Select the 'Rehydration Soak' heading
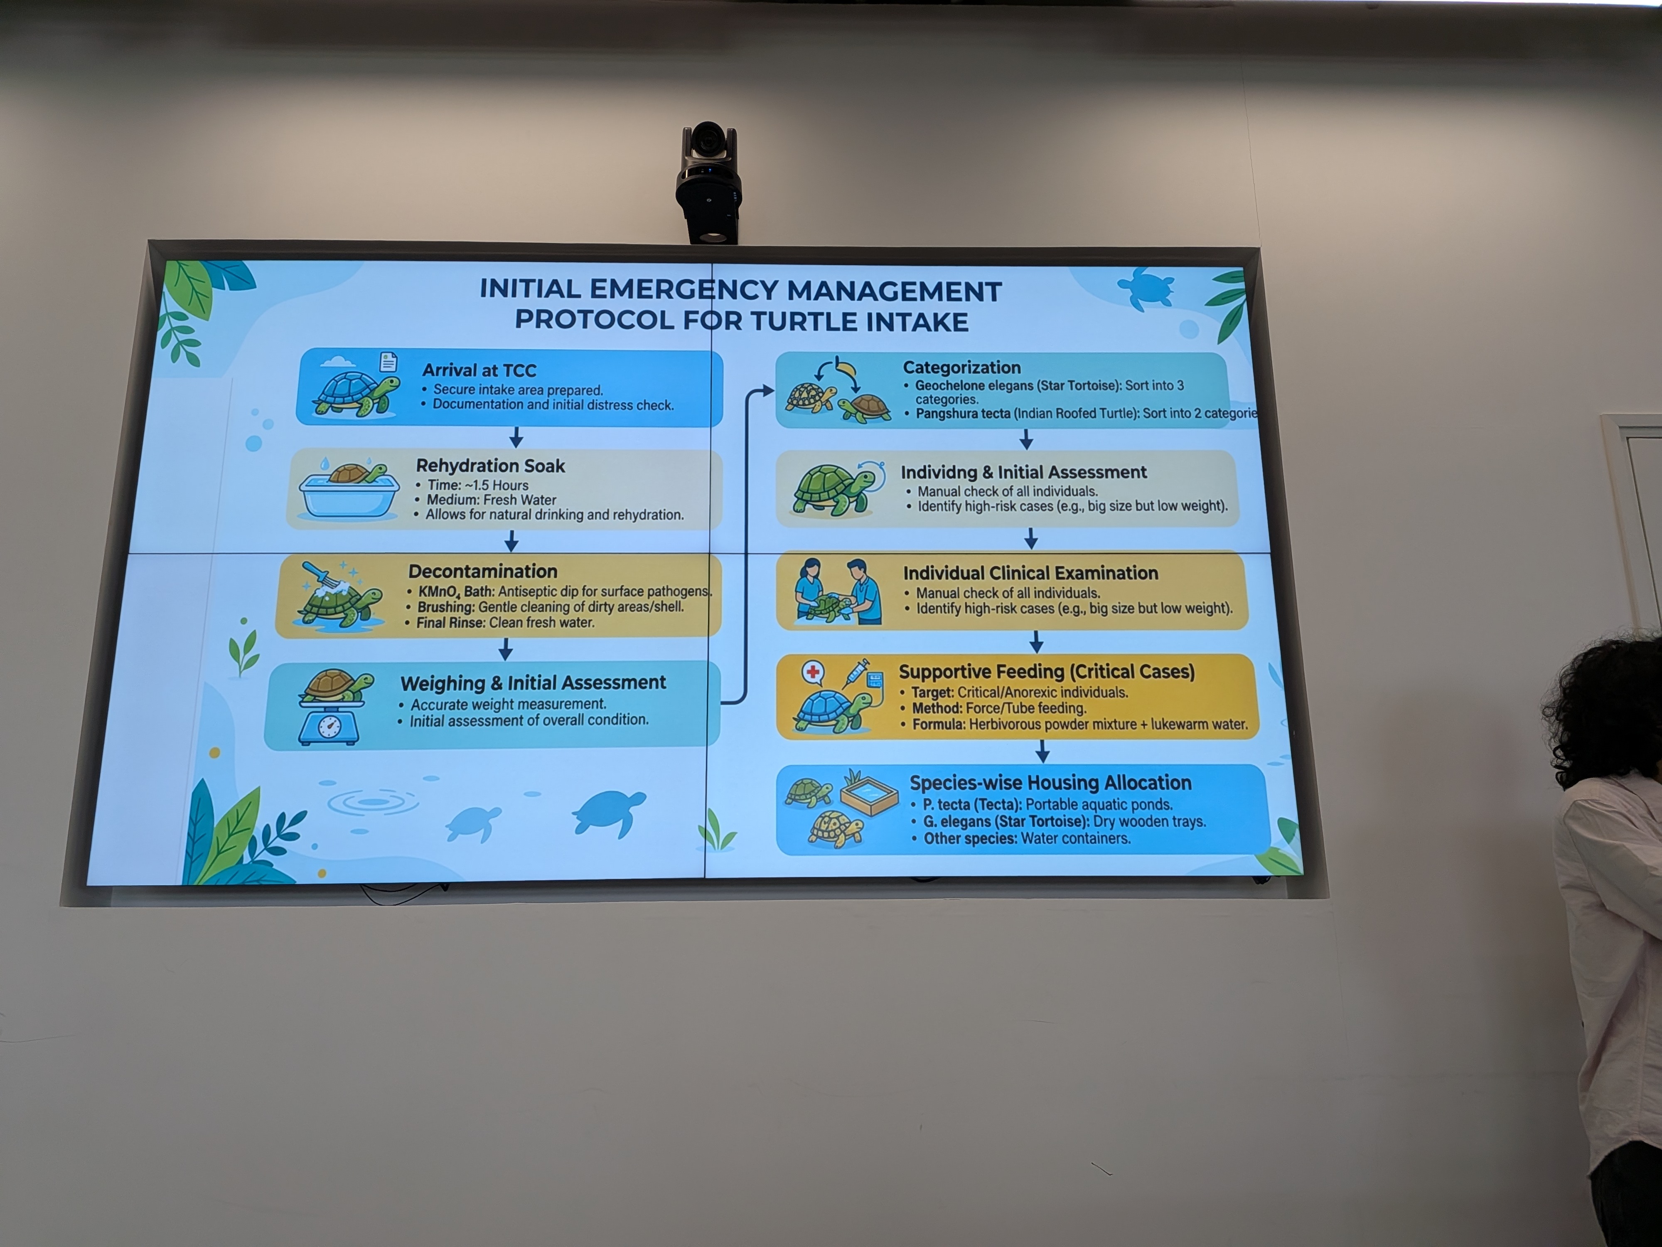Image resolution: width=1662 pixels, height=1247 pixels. tap(491, 466)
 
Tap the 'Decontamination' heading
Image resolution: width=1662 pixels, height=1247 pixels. tap(483, 571)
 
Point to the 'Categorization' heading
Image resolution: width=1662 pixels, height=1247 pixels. tap(962, 367)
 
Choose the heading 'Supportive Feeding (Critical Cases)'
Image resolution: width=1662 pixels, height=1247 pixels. tap(1047, 671)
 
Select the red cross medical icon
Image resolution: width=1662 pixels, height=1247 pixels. tap(813, 671)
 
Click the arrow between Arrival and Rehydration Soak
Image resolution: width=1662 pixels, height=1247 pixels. tap(516, 437)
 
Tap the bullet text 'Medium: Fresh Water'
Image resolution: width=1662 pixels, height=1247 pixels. tap(492, 500)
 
